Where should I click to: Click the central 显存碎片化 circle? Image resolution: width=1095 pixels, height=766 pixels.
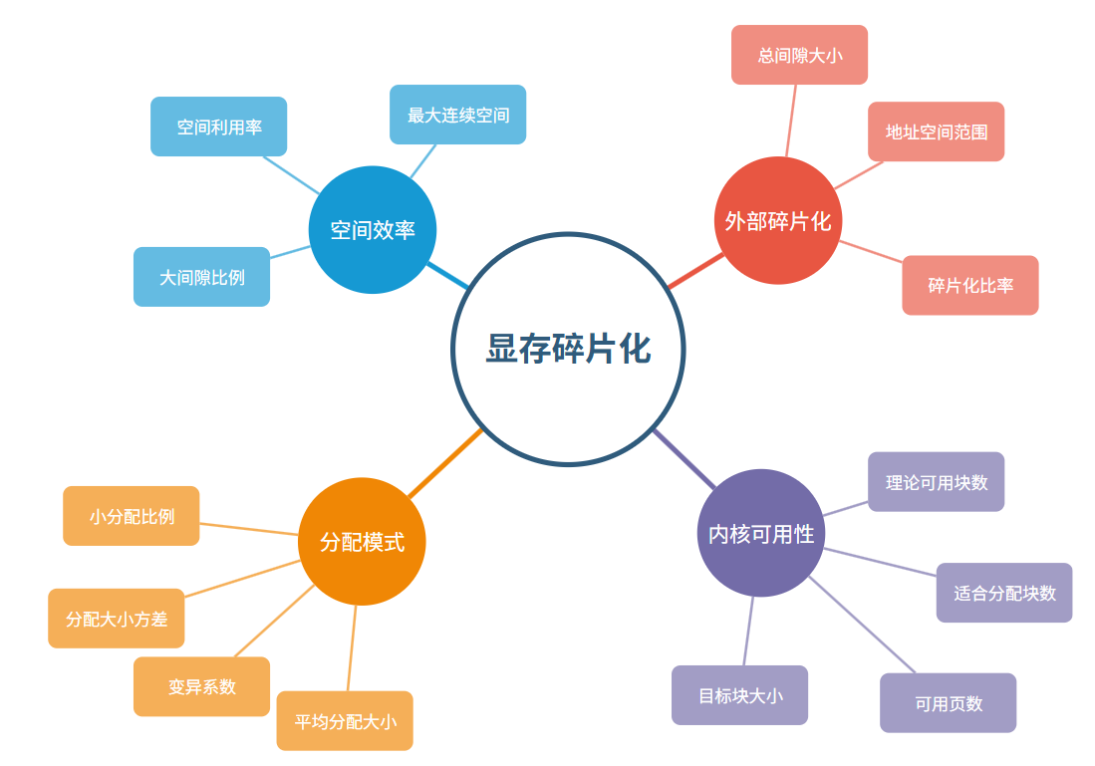tap(568, 349)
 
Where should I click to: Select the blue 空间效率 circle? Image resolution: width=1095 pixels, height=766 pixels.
tap(373, 230)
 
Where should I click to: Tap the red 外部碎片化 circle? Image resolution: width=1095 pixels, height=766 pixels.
tap(778, 220)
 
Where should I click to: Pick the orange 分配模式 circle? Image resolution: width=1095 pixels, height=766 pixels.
tap(362, 542)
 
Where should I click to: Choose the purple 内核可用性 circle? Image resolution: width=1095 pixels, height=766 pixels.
tap(761, 533)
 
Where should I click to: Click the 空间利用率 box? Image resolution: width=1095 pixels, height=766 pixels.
tap(219, 127)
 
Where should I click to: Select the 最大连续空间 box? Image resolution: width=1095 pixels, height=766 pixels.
tap(457, 115)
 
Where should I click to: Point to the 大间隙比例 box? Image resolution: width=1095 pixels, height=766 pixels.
tap(202, 277)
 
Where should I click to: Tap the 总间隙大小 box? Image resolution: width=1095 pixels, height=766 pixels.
tap(799, 55)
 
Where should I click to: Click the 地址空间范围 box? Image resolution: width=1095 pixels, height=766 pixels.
tap(936, 131)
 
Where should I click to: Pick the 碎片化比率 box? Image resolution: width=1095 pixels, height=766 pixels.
tap(970, 285)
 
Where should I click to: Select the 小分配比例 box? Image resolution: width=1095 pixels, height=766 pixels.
tap(132, 516)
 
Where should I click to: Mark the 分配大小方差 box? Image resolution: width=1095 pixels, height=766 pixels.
tap(117, 619)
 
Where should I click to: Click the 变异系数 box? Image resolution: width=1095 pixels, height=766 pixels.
tap(202, 686)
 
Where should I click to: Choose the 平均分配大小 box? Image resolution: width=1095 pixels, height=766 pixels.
tap(345, 721)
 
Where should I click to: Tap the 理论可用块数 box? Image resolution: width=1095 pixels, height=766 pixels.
tap(936, 482)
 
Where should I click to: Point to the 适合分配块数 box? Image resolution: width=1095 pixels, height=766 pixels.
tap(1004, 593)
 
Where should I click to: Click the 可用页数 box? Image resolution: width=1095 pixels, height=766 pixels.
tap(948, 703)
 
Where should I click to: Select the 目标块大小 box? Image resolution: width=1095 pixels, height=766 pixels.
tap(739, 695)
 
